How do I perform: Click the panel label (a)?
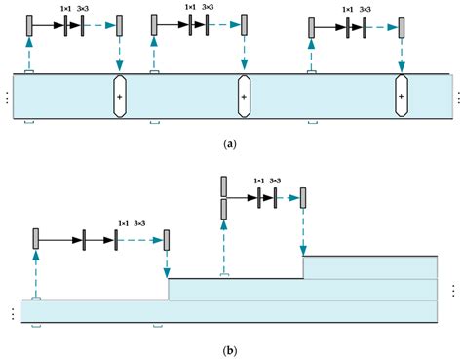tap(229, 143)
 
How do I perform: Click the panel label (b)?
tap(229, 349)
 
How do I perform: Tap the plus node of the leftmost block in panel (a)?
tap(119, 98)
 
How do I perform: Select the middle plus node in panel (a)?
tap(245, 98)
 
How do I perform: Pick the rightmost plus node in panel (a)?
tap(401, 98)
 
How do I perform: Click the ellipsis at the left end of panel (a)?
tap(7, 98)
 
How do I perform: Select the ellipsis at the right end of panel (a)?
tap(456, 98)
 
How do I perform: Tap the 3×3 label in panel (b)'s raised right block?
tap(275, 181)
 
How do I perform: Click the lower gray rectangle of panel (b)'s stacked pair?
tap(224, 209)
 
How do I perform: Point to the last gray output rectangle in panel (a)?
tap(401, 27)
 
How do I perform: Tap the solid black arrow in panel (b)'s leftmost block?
tap(60, 238)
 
